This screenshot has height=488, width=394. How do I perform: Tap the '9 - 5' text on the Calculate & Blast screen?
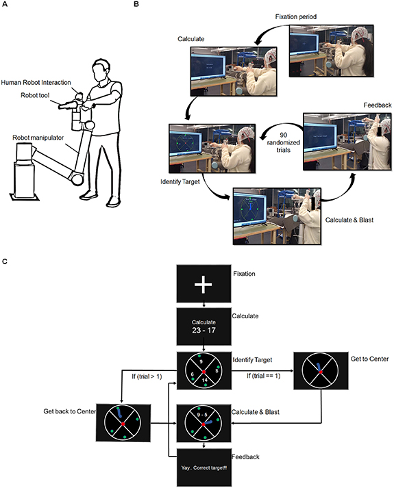pyautogui.click(x=204, y=414)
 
